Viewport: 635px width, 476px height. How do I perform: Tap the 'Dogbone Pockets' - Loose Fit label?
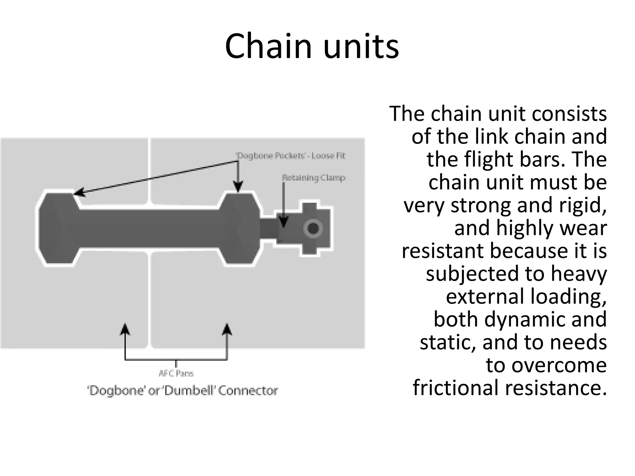click(291, 156)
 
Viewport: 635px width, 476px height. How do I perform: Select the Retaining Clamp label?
click(313, 178)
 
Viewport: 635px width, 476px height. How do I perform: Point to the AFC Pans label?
click(176, 373)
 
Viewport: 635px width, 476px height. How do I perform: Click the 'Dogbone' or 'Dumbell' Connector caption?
click(183, 390)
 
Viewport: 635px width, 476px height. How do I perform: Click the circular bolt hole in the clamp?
click(313, 229)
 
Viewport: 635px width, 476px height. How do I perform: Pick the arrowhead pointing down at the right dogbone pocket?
click(238, 187)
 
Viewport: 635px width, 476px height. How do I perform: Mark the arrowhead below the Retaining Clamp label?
click(283, 222)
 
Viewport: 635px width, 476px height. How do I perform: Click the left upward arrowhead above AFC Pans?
click(125, 329)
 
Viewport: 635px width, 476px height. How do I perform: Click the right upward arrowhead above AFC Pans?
click(227, 329)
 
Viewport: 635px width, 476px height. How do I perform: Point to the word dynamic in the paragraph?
click(525, 319)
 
